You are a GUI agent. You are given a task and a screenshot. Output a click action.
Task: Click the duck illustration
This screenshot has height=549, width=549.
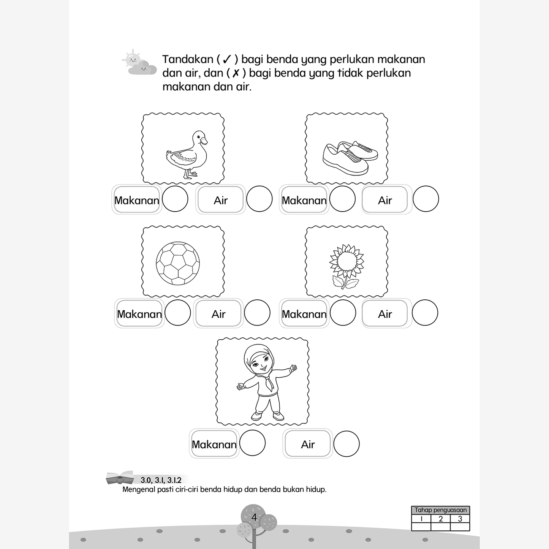pyautogui.click(x=187, y=155)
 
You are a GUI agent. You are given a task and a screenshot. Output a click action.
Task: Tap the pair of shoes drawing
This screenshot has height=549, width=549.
pyautogui.click(x=350, y=158)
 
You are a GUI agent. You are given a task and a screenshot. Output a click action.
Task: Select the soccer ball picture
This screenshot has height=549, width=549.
pyautogui.click(x=178, y=263)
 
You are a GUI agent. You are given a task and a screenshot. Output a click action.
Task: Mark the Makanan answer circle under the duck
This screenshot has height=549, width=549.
pyautogui.click(x=175, y=199)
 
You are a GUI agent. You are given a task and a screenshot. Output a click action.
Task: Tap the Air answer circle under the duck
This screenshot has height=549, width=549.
pyautogui.click(x=259, y=199)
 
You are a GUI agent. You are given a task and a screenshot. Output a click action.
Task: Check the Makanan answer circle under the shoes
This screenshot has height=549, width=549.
pyautogui.click(x=342, y=199)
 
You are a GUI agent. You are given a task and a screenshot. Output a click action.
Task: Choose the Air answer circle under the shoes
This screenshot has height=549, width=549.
pyautogui.click(x=426, y=199)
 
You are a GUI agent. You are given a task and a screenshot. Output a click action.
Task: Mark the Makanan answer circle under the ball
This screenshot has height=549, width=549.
pyautogui.click(x=177, y=313)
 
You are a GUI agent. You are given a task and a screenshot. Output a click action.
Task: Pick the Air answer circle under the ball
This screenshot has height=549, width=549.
pyautogui.click(x=257, y=313)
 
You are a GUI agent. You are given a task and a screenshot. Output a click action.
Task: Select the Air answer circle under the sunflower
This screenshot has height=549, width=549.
pyautogui.click(x=425, y=313)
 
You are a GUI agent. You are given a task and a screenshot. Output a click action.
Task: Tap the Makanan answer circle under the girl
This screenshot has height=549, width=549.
pyautogui.click(x=252, y=443)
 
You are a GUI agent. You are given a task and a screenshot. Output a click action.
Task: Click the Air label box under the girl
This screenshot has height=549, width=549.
pyautogui.click(x=308, y=443)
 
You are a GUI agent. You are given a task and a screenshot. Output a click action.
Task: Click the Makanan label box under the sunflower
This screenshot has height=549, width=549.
pyautogui.click(x=304, y=313)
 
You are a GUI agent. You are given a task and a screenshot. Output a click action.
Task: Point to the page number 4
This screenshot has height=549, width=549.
pyautogui.click(x=255, y=517)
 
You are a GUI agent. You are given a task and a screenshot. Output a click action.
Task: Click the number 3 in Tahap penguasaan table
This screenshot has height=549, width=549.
pyautogui.click(x=460, y=519)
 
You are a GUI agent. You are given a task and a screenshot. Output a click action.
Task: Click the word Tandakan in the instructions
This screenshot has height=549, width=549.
pyautogui.click(x=188, y=59)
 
